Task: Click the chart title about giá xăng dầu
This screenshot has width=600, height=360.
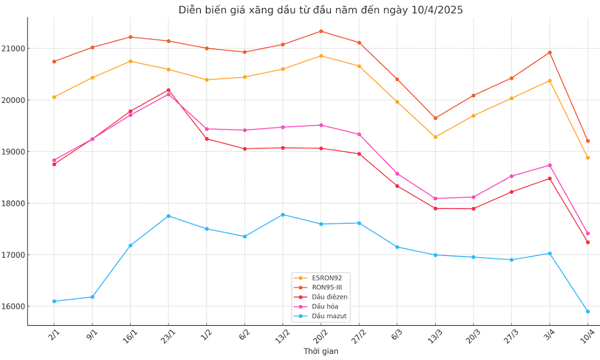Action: coord(321,10)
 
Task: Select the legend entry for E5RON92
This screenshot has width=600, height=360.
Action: coord(326,278)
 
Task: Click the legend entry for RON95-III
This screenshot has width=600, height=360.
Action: coord(327,287)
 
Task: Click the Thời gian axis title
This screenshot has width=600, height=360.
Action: coord(321,351)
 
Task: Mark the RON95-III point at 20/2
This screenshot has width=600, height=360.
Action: coord(321,31)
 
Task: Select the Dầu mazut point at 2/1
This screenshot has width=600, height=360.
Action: coord(54,301)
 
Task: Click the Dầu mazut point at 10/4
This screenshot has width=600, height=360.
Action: coord(587,311)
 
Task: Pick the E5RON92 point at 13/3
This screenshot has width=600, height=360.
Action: coord(435,137)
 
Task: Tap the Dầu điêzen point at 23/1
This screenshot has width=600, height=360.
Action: coord(169,90)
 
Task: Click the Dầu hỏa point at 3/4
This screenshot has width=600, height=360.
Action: coord(550,165)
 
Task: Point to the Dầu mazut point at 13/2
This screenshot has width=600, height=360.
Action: coord(283,214)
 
